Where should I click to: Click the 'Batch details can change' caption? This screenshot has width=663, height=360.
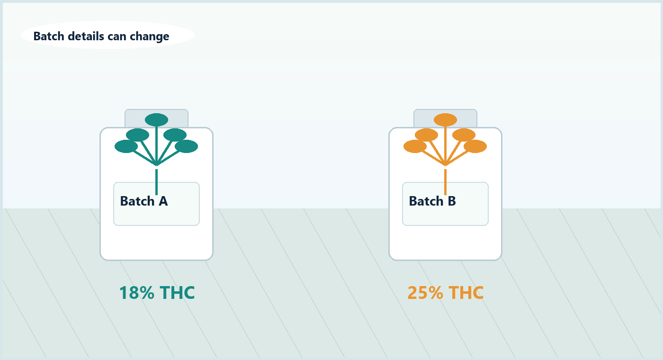point(101,36)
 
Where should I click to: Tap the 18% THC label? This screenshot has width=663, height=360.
point(157,293)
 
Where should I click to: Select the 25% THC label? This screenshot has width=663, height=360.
point(446,293)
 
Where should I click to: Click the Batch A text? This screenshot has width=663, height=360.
point(144,201)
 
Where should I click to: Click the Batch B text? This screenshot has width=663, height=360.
point(432,201)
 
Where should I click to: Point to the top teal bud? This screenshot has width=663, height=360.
point(157,119)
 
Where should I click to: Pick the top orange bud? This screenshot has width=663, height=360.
point(445,119)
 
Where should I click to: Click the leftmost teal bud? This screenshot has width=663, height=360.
point(126,146)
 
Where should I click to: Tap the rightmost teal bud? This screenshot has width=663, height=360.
point(187,146)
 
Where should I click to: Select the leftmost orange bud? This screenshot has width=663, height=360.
point(415,146)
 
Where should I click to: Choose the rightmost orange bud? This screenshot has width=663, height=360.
point(475,146)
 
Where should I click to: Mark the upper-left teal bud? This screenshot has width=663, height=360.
point(137,135)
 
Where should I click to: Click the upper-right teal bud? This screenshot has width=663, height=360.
point(175,135)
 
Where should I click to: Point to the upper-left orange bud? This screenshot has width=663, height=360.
point(426,135)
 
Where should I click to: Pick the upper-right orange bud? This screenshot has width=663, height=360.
point(464,135)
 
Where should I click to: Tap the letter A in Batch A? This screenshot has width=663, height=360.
point(163,201)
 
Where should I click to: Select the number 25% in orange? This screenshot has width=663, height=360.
point(425,293)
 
